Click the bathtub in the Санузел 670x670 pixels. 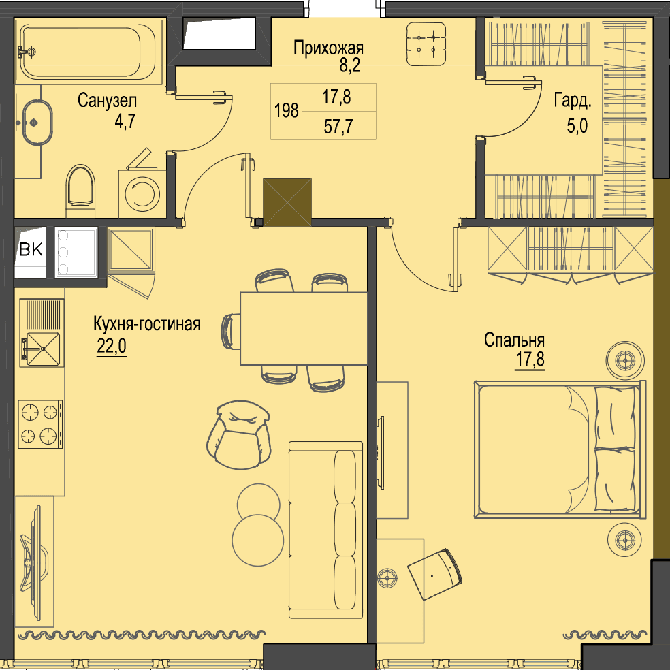click(89, 51)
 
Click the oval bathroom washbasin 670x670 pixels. click(37, 123)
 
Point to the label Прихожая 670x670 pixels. click(328, 48)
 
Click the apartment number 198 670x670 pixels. click(286, 111)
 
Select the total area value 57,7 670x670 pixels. click(338, 127)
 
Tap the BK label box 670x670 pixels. click(31, 249)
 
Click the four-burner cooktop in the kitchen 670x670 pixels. click(40, 424)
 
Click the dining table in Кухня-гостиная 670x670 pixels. click(304, 328)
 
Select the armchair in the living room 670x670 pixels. click(239, 434)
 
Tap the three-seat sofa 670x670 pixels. click(325, 530)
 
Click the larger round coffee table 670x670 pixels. click(258, 540)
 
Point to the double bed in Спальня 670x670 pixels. click(560, 449)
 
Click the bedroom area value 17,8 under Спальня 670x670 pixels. click(530, 360)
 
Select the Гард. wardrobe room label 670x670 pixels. click(573, 101)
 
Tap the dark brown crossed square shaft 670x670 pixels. click(287, 202)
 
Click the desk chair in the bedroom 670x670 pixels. click(435, 574)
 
